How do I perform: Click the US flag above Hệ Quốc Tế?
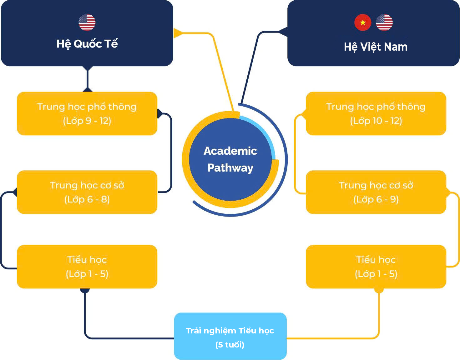coord(87,22)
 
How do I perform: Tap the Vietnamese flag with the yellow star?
coord(363,22)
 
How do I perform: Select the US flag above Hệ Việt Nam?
coord(384,22)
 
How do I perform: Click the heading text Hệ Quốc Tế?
coord(87,44)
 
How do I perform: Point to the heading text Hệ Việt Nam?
coord(376,47)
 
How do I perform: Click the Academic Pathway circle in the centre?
coord(230,159)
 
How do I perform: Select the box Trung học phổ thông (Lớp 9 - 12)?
coord(87,113)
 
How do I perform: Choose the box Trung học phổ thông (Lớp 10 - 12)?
coord(376,113)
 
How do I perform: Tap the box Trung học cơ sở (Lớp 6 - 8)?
coord(87,192)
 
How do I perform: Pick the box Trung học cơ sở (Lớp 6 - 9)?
coord(376,192)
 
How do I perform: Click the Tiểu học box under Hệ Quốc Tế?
coord(87,267)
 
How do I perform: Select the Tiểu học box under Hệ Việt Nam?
coord(376,267)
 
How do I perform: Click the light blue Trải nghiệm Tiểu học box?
coord(230,336)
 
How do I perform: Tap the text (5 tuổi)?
coord(230,345)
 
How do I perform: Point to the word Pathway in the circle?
coord(230,168)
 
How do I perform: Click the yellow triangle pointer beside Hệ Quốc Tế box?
coord(178,33)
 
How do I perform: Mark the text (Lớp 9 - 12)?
coord(87,121)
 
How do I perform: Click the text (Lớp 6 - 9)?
coord(376,199)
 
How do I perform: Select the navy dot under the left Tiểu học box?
coord(85,290)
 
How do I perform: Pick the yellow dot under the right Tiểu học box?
coord(379,290)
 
